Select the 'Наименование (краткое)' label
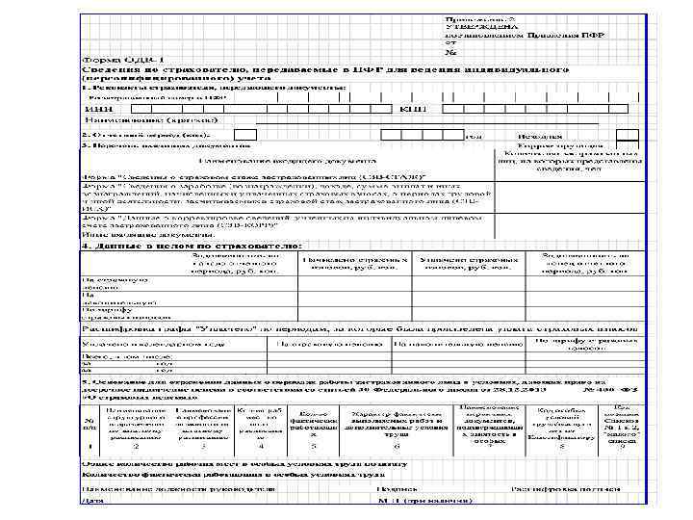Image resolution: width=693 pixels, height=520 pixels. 125,121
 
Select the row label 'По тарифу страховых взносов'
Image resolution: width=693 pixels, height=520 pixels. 115,312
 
